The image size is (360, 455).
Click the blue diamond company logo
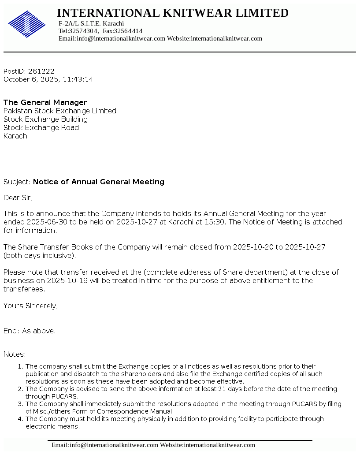[27, 24]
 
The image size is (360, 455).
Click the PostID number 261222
[41, 71]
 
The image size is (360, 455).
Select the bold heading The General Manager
[45, 102]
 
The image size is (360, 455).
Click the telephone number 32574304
[83, 31]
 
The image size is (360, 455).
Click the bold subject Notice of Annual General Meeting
[99, 182]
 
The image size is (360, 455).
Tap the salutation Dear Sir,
[18, 198]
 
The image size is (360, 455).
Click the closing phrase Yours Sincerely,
[30, 306]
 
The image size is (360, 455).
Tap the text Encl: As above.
[30, 331]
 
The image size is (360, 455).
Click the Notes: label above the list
[15, 354]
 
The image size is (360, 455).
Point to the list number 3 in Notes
[20, 404]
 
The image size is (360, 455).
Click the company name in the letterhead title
[173, 13]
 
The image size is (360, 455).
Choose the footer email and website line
[153, 445]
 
